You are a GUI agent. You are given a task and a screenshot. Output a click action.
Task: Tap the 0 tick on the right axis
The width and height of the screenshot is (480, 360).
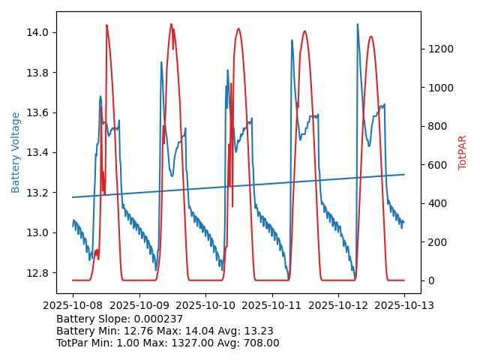coord(430,280)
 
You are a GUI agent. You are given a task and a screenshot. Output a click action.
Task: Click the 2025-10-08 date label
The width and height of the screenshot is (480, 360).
coord(73,305)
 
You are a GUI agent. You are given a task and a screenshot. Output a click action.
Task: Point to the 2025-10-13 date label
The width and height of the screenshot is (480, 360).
coord(404,305)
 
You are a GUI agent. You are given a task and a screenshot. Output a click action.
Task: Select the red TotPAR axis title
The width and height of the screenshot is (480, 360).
coord(463,152)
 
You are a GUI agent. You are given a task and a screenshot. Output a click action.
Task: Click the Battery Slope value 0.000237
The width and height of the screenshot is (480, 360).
coord(156,319)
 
